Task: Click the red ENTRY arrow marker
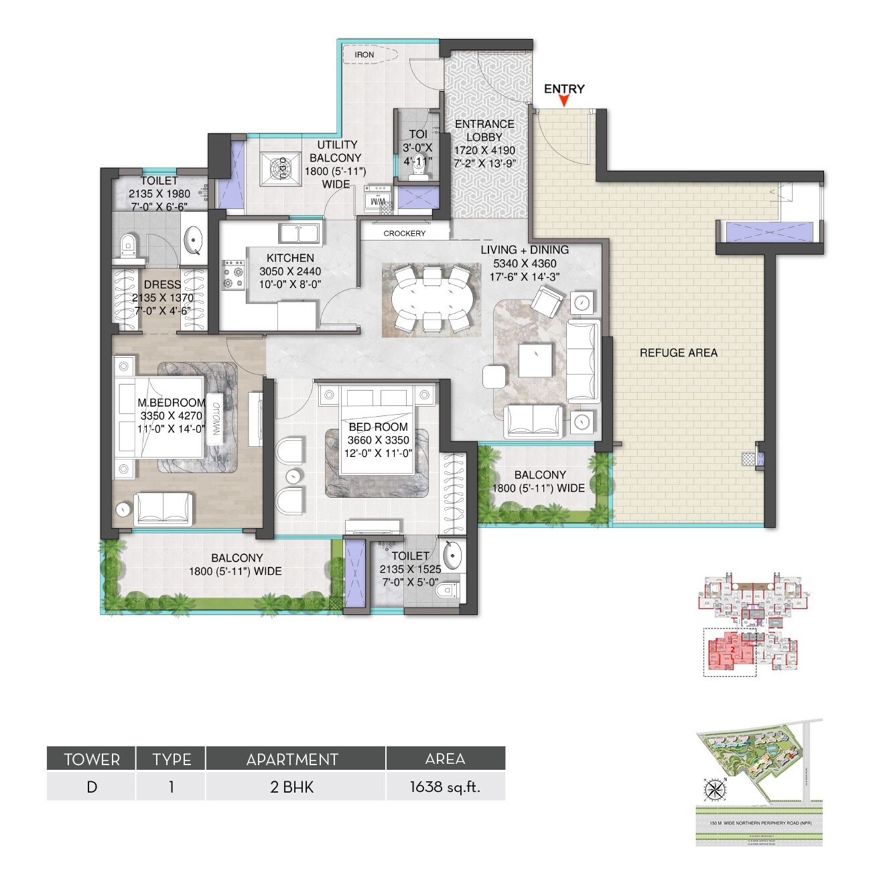click(565, 101)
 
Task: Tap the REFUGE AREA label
click(678, 352)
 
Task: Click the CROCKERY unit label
click(404, 233)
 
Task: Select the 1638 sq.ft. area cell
click(445, 787)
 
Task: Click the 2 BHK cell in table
click(292, 787)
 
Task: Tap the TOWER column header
click(92, 759)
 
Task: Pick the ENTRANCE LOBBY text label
click(484, 131)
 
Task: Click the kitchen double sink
click(299, 234)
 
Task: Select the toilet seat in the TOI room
click(418, 173)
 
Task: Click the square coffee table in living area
click(535, 360)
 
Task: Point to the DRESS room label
click(162, 285)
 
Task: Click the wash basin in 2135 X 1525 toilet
click(452, 555)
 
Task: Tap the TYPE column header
click(172, 759)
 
